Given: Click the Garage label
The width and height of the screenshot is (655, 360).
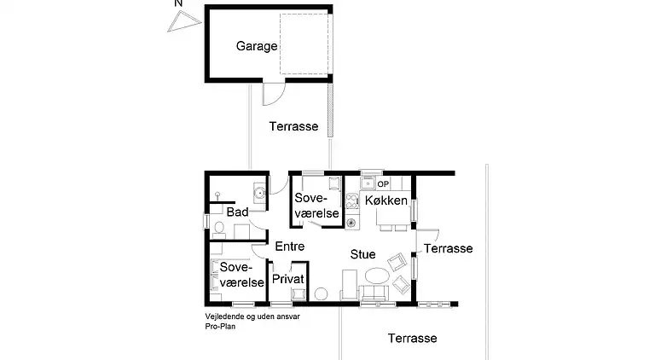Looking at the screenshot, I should coord(257,46).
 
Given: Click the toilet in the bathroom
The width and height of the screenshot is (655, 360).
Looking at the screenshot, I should coord(219,228).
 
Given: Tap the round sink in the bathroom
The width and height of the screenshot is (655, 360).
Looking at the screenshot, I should coord(257,192).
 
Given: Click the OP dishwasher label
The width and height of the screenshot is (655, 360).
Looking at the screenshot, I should coord(383,183).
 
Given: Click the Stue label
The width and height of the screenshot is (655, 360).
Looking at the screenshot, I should coord(362,253).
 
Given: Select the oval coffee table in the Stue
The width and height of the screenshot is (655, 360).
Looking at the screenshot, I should coord(375,277).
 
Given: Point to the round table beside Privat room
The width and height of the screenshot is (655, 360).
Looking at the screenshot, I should coord(321,294).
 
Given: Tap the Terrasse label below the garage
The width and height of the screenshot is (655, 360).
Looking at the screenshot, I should coord(293,126).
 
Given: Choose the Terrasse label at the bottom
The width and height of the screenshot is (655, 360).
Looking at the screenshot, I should coord(412,338).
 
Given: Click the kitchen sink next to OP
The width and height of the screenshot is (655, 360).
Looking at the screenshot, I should coord(368,183).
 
